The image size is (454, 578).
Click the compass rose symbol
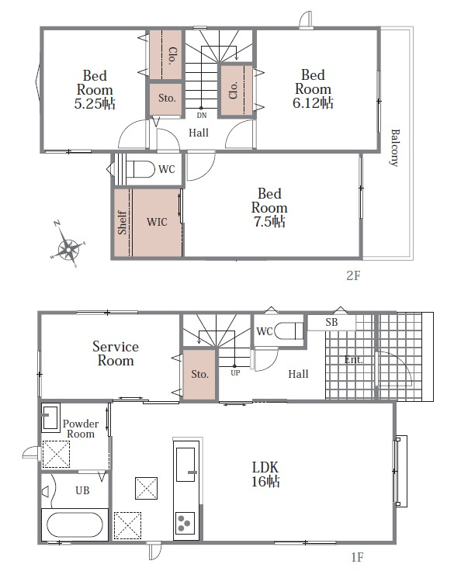[x=68, y=244]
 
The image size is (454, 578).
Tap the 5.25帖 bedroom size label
[x=95, y=104]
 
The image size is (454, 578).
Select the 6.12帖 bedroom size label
[x=313, y=103]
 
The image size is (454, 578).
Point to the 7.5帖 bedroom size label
[x=269, y=222]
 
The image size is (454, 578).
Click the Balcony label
[x=395, y=147]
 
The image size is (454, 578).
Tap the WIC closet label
[x=157, y=222]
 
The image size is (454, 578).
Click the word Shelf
[x=122, y=223]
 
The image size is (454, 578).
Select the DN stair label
[x=202, y=116]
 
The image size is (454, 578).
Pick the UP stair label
[x=235, y=372]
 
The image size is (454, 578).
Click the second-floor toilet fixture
[x=140, y=169]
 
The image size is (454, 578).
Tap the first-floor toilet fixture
[x=290, y=331]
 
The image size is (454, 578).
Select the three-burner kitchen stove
[x=185, y=523]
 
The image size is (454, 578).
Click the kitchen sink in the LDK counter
[x=185, y=465]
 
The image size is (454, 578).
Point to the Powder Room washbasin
[x=50, y=417]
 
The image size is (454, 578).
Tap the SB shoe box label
[x=331, y=322]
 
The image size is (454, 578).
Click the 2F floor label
[x=353, y=275]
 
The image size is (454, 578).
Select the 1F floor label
[x=357, y=557]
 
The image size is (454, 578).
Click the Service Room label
[x=116, y=354]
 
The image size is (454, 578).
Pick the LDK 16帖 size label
[x=265, y=474]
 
